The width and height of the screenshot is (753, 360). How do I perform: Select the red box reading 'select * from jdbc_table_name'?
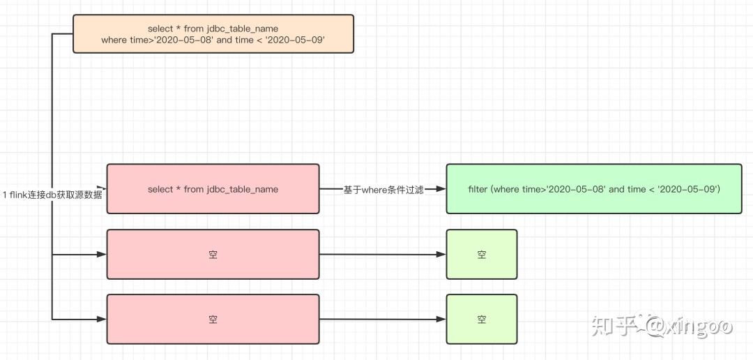tap(213, 189)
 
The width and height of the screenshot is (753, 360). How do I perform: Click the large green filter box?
tap(594, 189)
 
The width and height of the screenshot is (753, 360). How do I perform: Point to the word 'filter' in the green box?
tap(479, 189)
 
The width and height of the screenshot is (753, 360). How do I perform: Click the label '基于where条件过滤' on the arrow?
tap(383, 190)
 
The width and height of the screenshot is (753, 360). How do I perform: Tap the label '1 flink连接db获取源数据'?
tap(52, 195)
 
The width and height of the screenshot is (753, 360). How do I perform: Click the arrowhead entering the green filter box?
tap(441, 189)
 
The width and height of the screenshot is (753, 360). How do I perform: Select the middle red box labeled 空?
tap(213, 255)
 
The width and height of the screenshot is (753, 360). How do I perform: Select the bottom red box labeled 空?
tap(213, 320)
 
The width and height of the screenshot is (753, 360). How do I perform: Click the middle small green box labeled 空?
tap(482, 255)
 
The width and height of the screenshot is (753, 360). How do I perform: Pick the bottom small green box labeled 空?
tap(482, 320)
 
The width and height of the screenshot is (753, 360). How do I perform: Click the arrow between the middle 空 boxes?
tap(382, 255)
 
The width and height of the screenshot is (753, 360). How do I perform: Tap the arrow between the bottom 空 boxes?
tap(382, 320)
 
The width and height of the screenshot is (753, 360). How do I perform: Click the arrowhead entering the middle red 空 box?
tap(101, 255)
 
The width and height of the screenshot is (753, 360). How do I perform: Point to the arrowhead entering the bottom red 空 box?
tap(101, 320)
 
